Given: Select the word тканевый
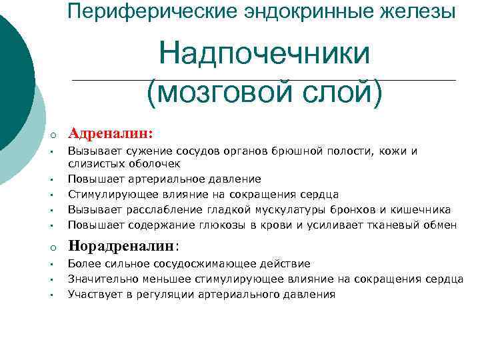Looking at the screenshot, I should tap(399, 225).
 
